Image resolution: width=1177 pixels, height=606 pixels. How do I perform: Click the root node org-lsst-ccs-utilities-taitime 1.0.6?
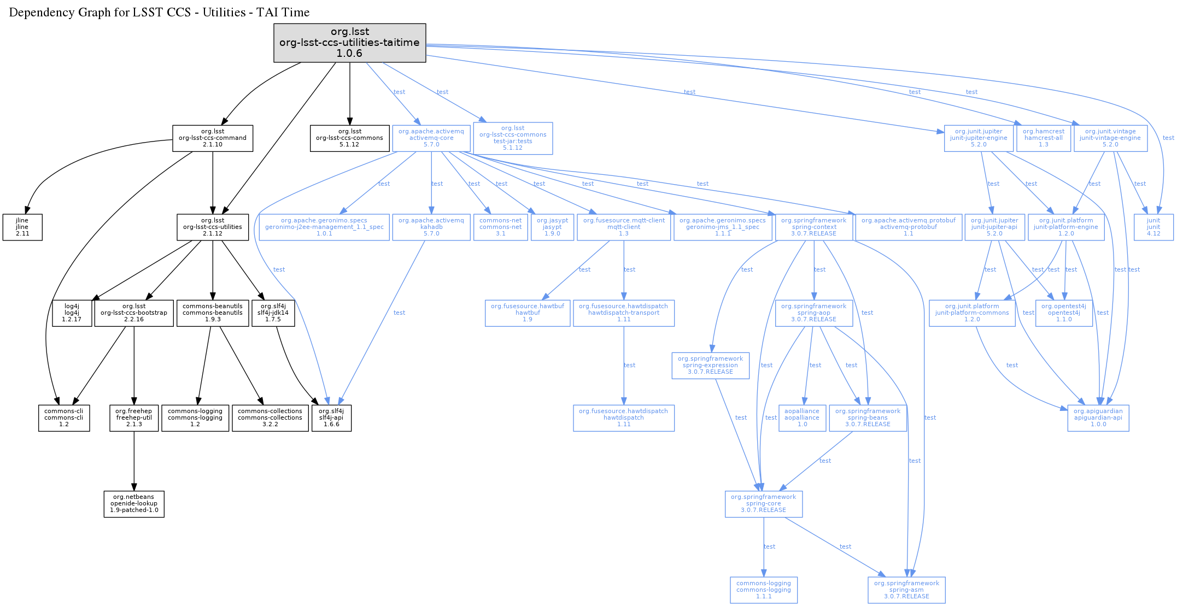click(349, 43)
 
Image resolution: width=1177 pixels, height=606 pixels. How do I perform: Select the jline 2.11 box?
click(22, 227)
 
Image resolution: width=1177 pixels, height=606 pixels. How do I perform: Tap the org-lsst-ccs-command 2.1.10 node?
click(213, 138)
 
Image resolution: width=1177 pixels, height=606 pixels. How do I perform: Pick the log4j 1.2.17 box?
click(72, 313)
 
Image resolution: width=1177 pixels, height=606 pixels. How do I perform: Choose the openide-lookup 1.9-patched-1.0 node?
click(134, 504)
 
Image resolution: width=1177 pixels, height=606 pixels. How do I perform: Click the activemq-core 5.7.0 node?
click(431, 138)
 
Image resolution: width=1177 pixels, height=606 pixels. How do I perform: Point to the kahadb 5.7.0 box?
click(431, 227)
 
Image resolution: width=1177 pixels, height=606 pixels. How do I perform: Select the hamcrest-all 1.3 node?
click(1044, 138)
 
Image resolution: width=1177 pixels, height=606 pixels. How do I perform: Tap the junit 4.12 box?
click(1153, 227)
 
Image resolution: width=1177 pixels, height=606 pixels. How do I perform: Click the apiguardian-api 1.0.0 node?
click(1098, 418)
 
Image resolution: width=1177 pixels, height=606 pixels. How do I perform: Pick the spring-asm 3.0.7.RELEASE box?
click(906, 590)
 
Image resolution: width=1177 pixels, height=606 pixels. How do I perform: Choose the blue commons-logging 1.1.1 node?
click(764, 590)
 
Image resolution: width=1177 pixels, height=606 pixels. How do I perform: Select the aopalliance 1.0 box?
click(802, 418)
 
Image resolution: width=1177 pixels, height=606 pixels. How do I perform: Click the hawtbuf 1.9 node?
click(528, 313)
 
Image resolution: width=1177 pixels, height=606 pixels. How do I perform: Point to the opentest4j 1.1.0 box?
click(1064, 313)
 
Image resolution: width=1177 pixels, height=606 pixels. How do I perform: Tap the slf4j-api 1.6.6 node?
click(331, 418)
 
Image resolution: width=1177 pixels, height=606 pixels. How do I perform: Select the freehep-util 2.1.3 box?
click(134, 418)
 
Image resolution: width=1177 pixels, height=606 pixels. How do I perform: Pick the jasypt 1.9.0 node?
click(552, 227)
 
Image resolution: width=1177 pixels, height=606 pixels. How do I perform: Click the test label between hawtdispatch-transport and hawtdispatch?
click(630, 365)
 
